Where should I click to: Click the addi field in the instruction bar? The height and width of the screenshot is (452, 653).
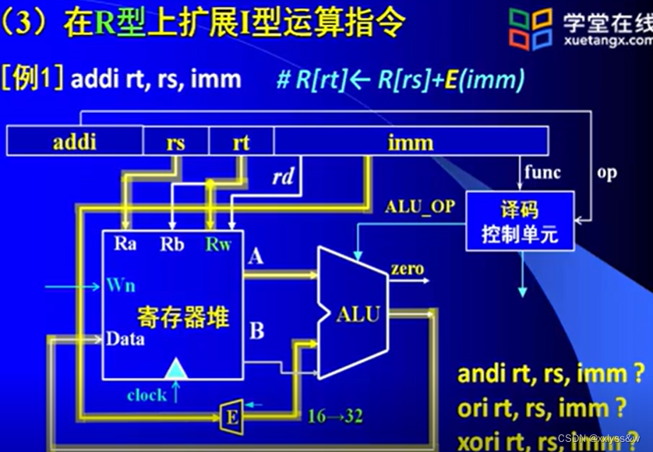pyautogui.click(x=75, y=143)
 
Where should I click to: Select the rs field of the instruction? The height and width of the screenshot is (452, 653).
pyautogui.click(x=175, y=143)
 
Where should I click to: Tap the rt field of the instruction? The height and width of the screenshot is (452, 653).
pyautogui.click(x=241, y=143)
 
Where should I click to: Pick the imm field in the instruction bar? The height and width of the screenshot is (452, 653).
pyautogui.click(x=410, y=143)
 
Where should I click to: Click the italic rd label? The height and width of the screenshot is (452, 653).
pyautogui.click(x=282, y=178)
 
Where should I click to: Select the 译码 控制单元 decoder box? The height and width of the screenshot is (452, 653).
pyautogui.click(x=519, y=221)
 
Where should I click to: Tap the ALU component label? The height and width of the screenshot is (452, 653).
pyautogui.click(x=358, y=315)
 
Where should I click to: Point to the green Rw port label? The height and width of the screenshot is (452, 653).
pyautogui.click(x=219, y=244)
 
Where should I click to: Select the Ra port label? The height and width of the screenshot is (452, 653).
pyautogui.click(x=125, y=244)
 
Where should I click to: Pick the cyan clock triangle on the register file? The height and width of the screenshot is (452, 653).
pyautogui.click(x=178, y=366)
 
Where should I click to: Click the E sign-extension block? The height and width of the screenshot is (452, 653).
pyautogui.click(x=231, y=416)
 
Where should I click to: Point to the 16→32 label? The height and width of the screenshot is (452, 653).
pyautogui.click(x=335, y=416)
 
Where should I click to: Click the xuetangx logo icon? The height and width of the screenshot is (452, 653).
pyautogui.click(x=531, y=30)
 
